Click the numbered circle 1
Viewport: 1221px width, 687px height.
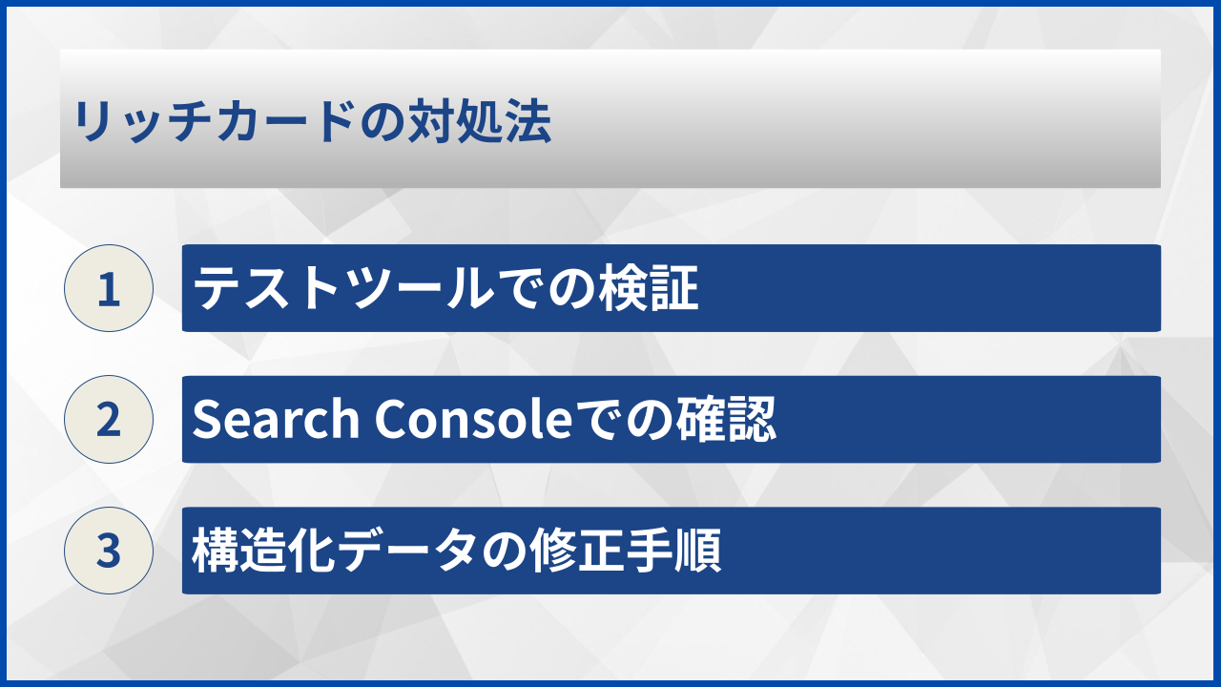pyautogui.click(x=109, y=288)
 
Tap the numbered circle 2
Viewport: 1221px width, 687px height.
pyautogui.click(x=109, y=420)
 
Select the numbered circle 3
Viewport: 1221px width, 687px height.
pyautogui.click(x=109, y=551)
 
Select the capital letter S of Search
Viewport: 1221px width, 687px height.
pyautogui.click(x=205, y=420)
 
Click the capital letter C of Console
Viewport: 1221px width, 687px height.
pyautogui.click(x=390, y=420)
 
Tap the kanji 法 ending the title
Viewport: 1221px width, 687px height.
pyautogui.click(x=529, y=123)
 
